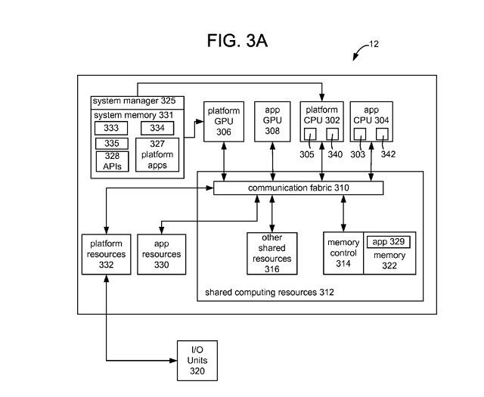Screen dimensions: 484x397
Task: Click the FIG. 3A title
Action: (x=237, y=40)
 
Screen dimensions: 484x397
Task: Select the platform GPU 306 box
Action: (x=224, y=122)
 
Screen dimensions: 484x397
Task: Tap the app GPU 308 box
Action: (x=272, y=122)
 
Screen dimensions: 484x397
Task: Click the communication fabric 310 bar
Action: (x=299, y=188)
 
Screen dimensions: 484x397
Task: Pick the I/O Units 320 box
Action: (x=197, y=361)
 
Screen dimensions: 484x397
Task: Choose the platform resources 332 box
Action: (x=106, y=254)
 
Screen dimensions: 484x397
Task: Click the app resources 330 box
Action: (x=161, y=254)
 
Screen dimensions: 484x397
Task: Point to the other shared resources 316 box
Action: (x=272, y=253)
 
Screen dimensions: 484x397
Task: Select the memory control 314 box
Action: (x=343, y=253)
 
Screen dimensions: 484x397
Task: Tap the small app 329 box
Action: (x=388, y=242)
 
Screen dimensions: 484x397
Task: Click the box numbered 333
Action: (x=111, y=128)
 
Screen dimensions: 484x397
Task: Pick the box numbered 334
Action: (x=157, y=128)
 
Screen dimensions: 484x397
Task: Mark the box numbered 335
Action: (x=112, y=144)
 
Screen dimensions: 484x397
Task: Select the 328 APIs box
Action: (x=112, y=161)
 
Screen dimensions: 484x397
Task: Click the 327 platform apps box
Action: (x=157, y=155)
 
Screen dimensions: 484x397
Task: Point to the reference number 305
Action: (x=307, y=154)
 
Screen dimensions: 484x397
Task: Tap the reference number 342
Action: (x=388, y=154)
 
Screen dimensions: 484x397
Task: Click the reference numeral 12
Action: (x=374, y=44)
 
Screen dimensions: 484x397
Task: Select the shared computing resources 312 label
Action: (x=269, y=293)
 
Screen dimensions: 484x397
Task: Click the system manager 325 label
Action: (x=135, y=101)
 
